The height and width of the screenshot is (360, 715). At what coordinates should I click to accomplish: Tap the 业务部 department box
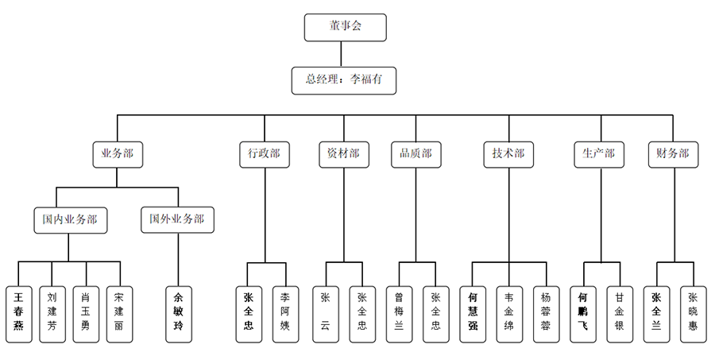(x=118, y=154)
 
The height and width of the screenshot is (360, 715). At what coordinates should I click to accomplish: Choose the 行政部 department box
(x=263, y=154)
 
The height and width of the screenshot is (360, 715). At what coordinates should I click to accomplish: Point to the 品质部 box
(x=416, y=154)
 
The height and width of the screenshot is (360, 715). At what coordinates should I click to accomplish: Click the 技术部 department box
(x=508, y=154)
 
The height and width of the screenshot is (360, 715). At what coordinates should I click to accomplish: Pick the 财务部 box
(x=673, y=154)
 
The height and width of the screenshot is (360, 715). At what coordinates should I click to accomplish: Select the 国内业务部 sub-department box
(x=71, y=219)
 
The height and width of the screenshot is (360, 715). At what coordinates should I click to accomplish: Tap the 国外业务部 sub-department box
(x=177, y=219)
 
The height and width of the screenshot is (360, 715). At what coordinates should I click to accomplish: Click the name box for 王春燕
(x=19, y=313)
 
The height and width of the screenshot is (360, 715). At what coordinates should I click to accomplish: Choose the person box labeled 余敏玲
(x=177, y=313)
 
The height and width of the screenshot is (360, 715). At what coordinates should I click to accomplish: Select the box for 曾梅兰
(x=399, y=313)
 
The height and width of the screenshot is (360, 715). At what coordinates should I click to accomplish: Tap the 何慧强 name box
(x=473, y=313)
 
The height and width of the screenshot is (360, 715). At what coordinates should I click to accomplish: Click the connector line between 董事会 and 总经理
(x=342, y=53)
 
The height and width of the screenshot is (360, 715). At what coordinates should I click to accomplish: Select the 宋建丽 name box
(x=119, y=313)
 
